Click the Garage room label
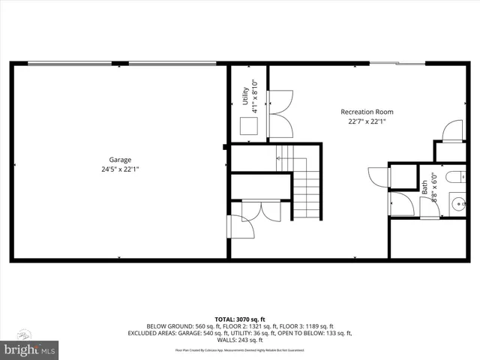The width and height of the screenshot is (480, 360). (120, 160)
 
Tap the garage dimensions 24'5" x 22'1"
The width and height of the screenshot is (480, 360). (120, 169)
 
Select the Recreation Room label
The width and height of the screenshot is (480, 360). (367, 112)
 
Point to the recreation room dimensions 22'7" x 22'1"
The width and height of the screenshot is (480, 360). (367, 121)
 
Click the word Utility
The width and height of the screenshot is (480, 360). (245, 95)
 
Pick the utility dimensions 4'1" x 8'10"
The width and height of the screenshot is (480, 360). (254, 95)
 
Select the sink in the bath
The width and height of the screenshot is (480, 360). (459, 202)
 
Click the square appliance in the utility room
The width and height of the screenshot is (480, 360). (248, 125)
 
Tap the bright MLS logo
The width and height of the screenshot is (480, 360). (29, 349)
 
